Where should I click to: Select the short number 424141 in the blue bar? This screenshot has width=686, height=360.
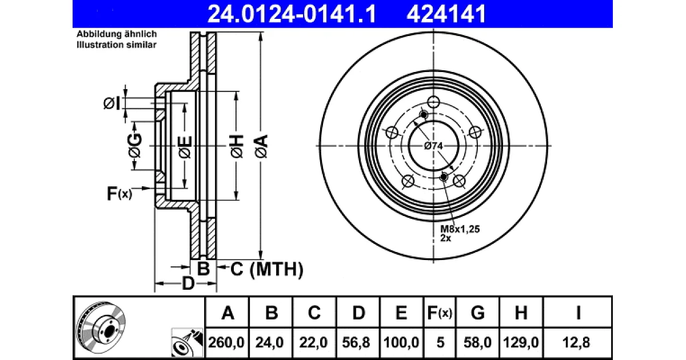tap(446, 14)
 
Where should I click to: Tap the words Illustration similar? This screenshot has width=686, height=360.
tap(117, 45)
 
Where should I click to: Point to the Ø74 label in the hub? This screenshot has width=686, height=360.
tap(433, 146)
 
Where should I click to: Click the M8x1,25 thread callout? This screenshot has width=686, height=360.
tap(460, 229)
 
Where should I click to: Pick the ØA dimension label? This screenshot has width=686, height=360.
tap(261, 146)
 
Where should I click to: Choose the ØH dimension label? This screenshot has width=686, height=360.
tap(237, 146)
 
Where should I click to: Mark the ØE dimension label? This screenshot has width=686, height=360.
tap(185, 147)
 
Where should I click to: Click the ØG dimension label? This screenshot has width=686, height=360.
tap(135, 145)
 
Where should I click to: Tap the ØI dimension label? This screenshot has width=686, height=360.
tap(111, 103)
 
